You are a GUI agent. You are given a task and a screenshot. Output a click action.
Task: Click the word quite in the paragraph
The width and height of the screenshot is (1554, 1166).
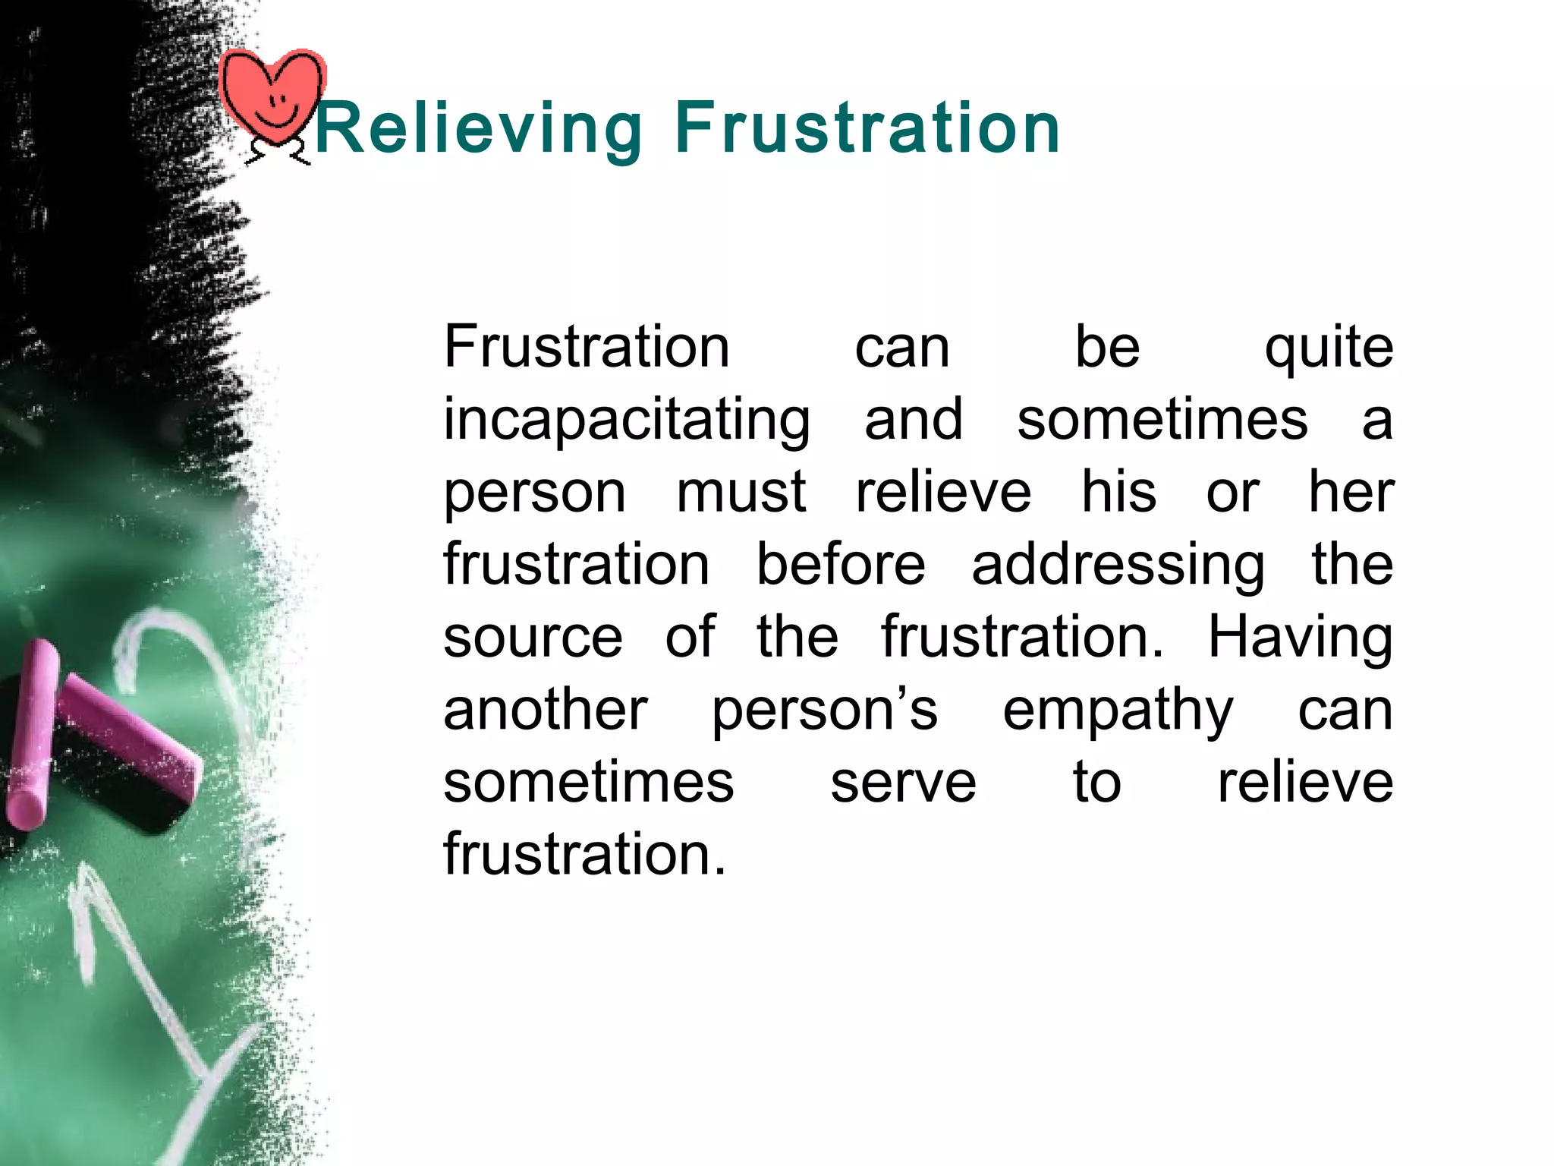click(1328, 349)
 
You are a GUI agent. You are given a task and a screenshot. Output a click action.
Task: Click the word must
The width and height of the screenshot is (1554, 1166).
click(741, 492)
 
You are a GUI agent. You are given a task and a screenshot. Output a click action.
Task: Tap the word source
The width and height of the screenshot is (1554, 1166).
click(533, 638)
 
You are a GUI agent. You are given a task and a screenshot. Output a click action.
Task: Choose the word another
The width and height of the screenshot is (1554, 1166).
click(545, 711)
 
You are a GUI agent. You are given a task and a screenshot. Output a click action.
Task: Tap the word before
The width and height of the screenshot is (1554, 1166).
click(841, 565)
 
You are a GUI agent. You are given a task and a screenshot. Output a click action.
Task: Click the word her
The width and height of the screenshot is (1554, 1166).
click(1351, 492)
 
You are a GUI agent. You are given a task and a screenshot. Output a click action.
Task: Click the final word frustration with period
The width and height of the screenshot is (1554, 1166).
click(584, 855)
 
